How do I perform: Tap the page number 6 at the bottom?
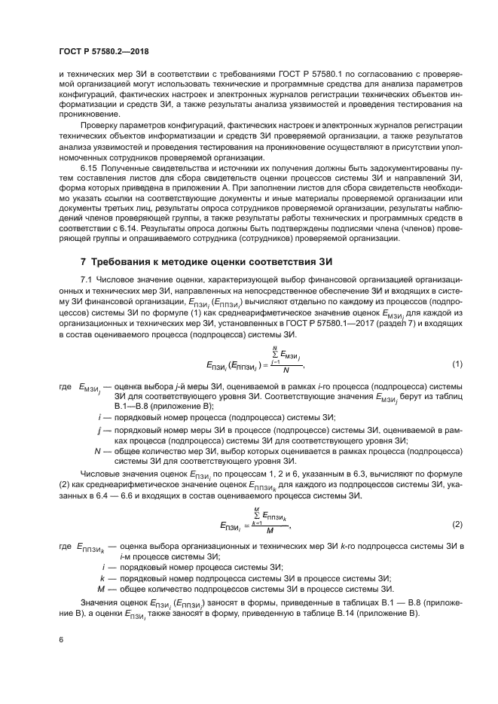pos(61,639)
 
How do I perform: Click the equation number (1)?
pos(457,364)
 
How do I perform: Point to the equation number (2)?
pos(457,523)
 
